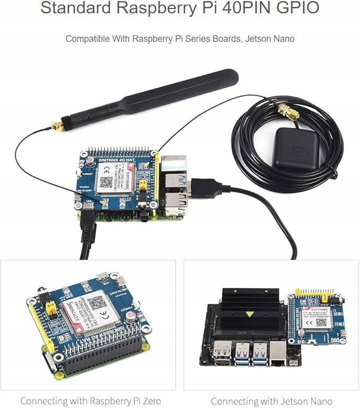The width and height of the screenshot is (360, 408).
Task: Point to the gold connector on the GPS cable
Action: (x=287, y=113)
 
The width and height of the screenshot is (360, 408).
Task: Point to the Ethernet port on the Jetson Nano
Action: (x=278, y=353)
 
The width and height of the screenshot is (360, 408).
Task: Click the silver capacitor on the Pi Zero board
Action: (x=129, y=317)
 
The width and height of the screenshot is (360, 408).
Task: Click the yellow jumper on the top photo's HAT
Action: (x=142, y=185)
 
